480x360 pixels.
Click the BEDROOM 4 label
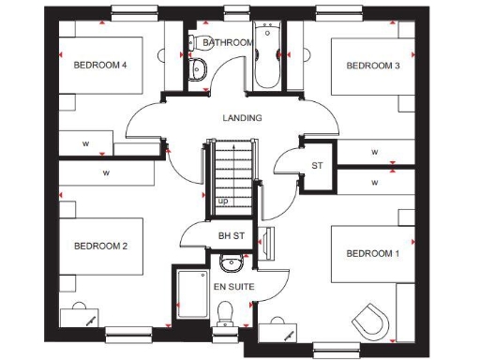tap(100, 65)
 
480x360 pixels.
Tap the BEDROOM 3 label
tap(373, 66)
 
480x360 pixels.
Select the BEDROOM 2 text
tap(100, 247)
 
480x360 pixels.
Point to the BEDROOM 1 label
tap(373, 254)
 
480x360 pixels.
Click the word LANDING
tap(242, 118)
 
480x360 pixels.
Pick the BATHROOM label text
tap(227, 43)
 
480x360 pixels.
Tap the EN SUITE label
tap(232, 285)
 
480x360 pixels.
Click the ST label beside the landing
tap(317, 166)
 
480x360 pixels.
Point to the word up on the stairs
tap(222, 201)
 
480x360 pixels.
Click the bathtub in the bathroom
tap(266, 58)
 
